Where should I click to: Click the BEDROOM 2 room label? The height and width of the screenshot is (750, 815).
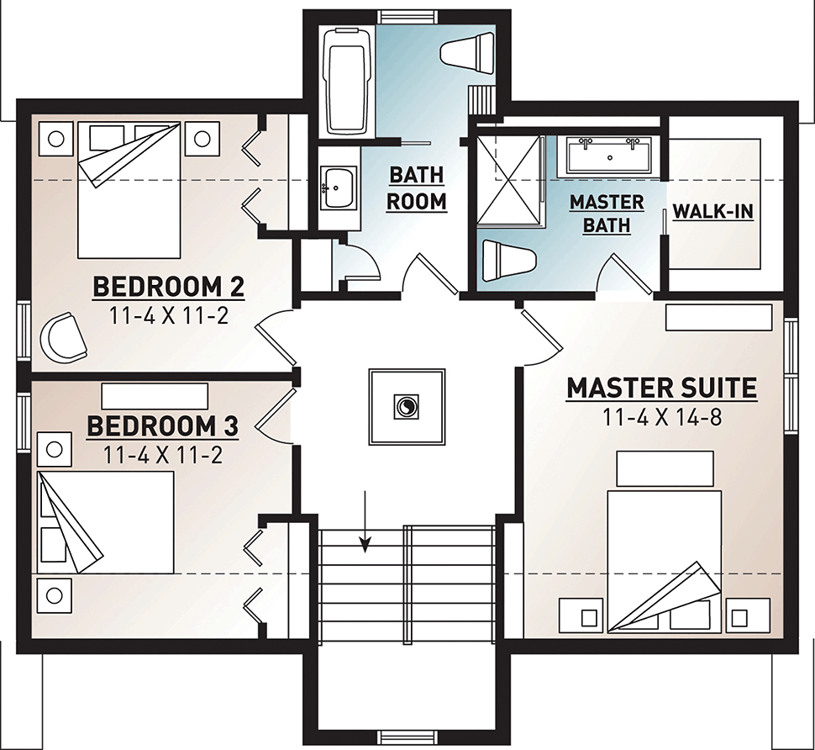click(x=168, y=287)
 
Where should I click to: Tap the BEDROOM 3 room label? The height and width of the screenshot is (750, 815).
click(x=163, y=426)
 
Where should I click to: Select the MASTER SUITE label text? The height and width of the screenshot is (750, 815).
click(x=662, y=388)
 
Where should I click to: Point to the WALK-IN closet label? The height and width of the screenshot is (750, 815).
click(x=713, y=212)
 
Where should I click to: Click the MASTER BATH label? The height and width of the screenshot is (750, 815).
click(x=607, y=214)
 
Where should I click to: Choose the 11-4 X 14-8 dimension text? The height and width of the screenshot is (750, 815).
click(x=663, y=417)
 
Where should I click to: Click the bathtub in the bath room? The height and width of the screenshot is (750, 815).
click(x=346, y=82)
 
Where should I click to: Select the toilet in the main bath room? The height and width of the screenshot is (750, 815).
click(x=467, y=50)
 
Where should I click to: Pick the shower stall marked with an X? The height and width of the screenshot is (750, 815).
click(x=510, y=180)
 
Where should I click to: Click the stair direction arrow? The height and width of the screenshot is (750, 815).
click(x=366, y=520)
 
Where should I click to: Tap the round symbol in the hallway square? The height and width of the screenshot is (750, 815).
click(x=406, y=406)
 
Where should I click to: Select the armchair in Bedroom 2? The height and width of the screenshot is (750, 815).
click(x=63, y=337)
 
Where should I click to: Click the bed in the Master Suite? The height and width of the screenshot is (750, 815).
click(x=664, y=562)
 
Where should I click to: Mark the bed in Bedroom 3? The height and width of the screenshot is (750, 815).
click(x=106, y=522)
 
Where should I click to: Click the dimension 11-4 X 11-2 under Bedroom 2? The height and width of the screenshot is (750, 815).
click(x=168, y=315)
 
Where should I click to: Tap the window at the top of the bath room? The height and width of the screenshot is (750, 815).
click(x=407, y=16)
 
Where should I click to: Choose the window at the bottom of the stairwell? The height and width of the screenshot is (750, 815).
click(x=407, y=737)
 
